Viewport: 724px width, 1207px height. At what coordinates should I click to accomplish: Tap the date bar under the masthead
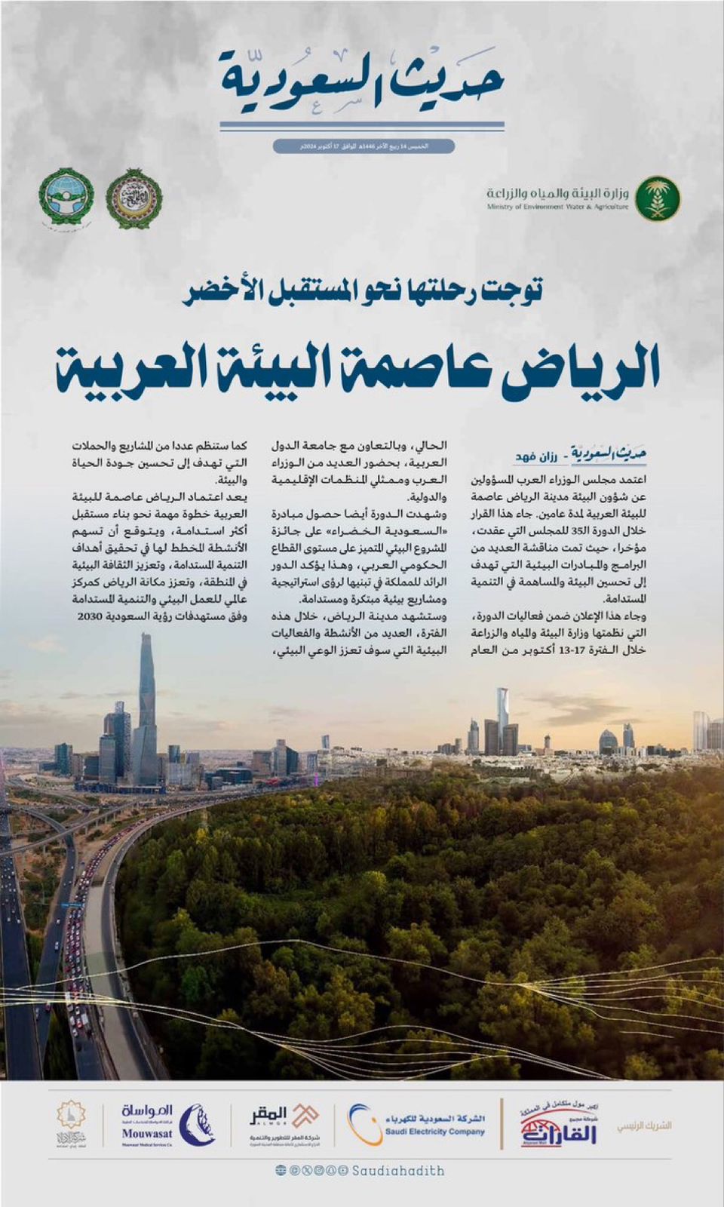364,146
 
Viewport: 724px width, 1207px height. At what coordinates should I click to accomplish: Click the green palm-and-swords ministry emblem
657,198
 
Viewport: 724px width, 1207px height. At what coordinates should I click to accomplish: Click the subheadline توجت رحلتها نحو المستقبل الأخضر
363,291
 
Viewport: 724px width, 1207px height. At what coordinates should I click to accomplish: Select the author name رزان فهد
535,457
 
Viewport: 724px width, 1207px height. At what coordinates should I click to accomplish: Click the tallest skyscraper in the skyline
146,709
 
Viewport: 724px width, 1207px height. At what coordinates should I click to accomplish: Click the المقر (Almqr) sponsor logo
283,1122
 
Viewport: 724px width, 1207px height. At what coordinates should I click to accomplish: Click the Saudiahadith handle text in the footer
397,1171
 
